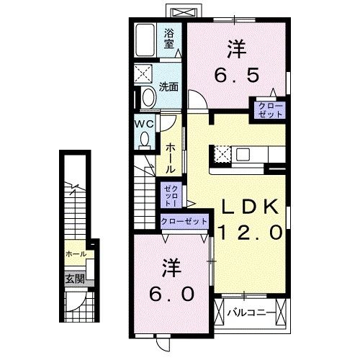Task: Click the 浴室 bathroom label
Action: coord(170,37)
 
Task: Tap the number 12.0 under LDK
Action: coord(249,231)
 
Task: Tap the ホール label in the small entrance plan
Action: coord(75,254)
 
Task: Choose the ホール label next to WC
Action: coord(170,157)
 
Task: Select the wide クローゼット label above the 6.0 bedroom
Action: coord(184,222)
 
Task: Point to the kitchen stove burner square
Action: coord(221,154)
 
